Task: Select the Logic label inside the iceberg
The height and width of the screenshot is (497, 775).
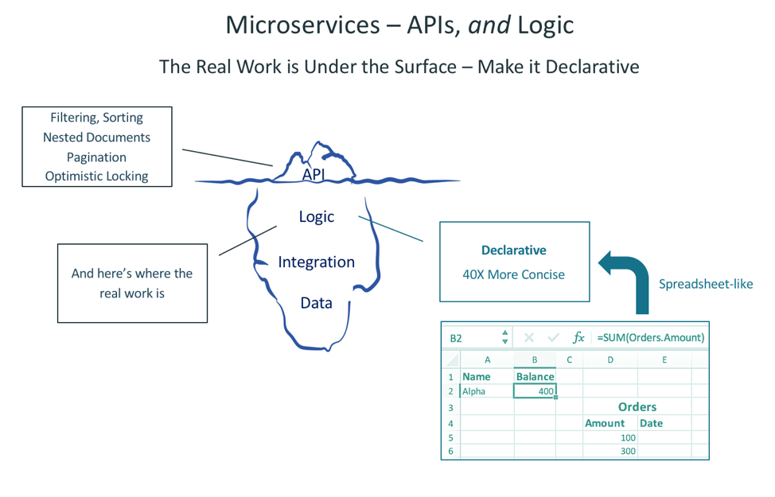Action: (317, 216)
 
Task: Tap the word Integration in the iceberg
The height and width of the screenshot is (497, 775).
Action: (317, 262)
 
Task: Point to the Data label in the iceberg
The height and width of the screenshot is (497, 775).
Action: (317, 303)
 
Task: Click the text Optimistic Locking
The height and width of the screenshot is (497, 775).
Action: (97, 176)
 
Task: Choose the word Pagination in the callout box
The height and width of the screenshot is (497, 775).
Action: (97, 157)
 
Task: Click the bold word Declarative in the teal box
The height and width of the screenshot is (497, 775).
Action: (514, 250)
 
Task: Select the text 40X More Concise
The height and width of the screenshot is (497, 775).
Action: (514, 274)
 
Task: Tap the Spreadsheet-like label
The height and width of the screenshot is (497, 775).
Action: (706, 284)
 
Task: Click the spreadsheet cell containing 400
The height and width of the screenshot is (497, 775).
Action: (535, 391)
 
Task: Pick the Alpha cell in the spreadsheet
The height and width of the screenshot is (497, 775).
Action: (487, 391)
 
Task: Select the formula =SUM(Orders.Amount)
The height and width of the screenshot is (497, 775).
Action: (650, 337)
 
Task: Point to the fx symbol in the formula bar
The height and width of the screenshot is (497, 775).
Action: (578, 337)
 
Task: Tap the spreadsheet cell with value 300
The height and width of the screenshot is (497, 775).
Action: (610, 451)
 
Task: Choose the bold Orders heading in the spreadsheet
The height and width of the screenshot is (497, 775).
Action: (637, 407)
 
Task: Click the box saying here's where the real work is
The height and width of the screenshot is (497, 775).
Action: (132, 283)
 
